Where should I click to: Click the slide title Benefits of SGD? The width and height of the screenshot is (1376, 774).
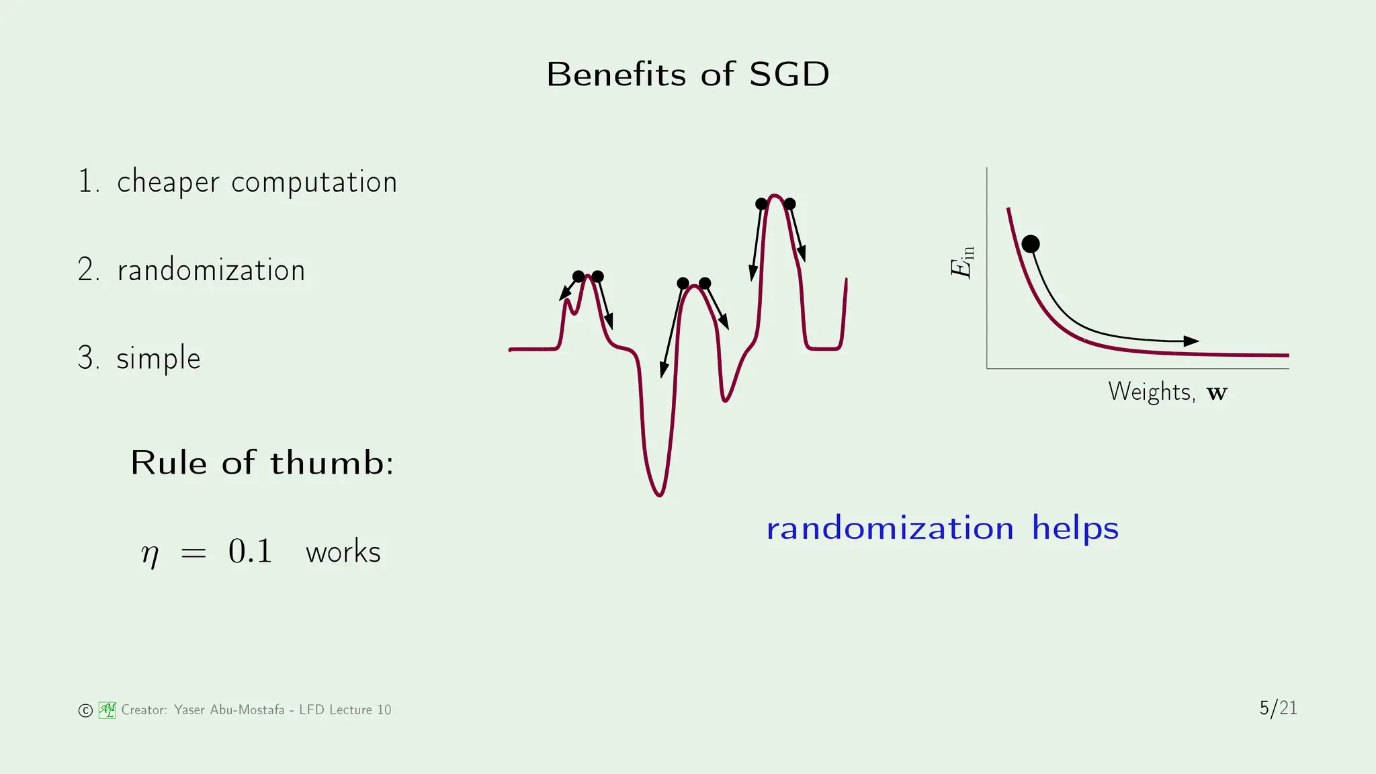tap(687, 74)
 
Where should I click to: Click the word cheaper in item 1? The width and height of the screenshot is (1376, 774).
tap(168, 183)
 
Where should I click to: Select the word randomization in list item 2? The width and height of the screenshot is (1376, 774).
tap(211, 270)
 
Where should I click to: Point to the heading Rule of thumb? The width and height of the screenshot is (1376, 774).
tap(262, 463)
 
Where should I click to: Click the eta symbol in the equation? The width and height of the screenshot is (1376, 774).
tap(150, 554)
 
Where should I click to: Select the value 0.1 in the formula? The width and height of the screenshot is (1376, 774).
tap(250, 551)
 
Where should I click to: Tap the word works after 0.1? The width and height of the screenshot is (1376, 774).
tap(343, 552)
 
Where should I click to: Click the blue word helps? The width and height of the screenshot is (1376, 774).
tap(1075, 527)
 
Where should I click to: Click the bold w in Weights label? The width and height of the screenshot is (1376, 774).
tap(1217, 393)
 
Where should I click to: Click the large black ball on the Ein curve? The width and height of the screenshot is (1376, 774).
tap(1031, 244)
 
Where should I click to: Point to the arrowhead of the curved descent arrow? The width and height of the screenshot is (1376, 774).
tap(1191, 341)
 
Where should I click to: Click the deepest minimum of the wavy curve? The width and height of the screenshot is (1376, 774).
tap(660, 495)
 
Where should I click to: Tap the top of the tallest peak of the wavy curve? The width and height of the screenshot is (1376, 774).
tap(775, 196)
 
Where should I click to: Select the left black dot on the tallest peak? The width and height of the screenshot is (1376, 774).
tap(761, 204)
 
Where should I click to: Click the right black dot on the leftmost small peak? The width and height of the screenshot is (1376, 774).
tap(598, 276)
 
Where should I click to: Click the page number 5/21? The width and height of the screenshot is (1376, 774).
tap(1278, 708)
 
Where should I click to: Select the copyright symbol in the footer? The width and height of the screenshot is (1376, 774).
tap(85, 711)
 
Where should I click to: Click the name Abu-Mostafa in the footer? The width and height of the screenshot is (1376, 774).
tap(247, 710)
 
